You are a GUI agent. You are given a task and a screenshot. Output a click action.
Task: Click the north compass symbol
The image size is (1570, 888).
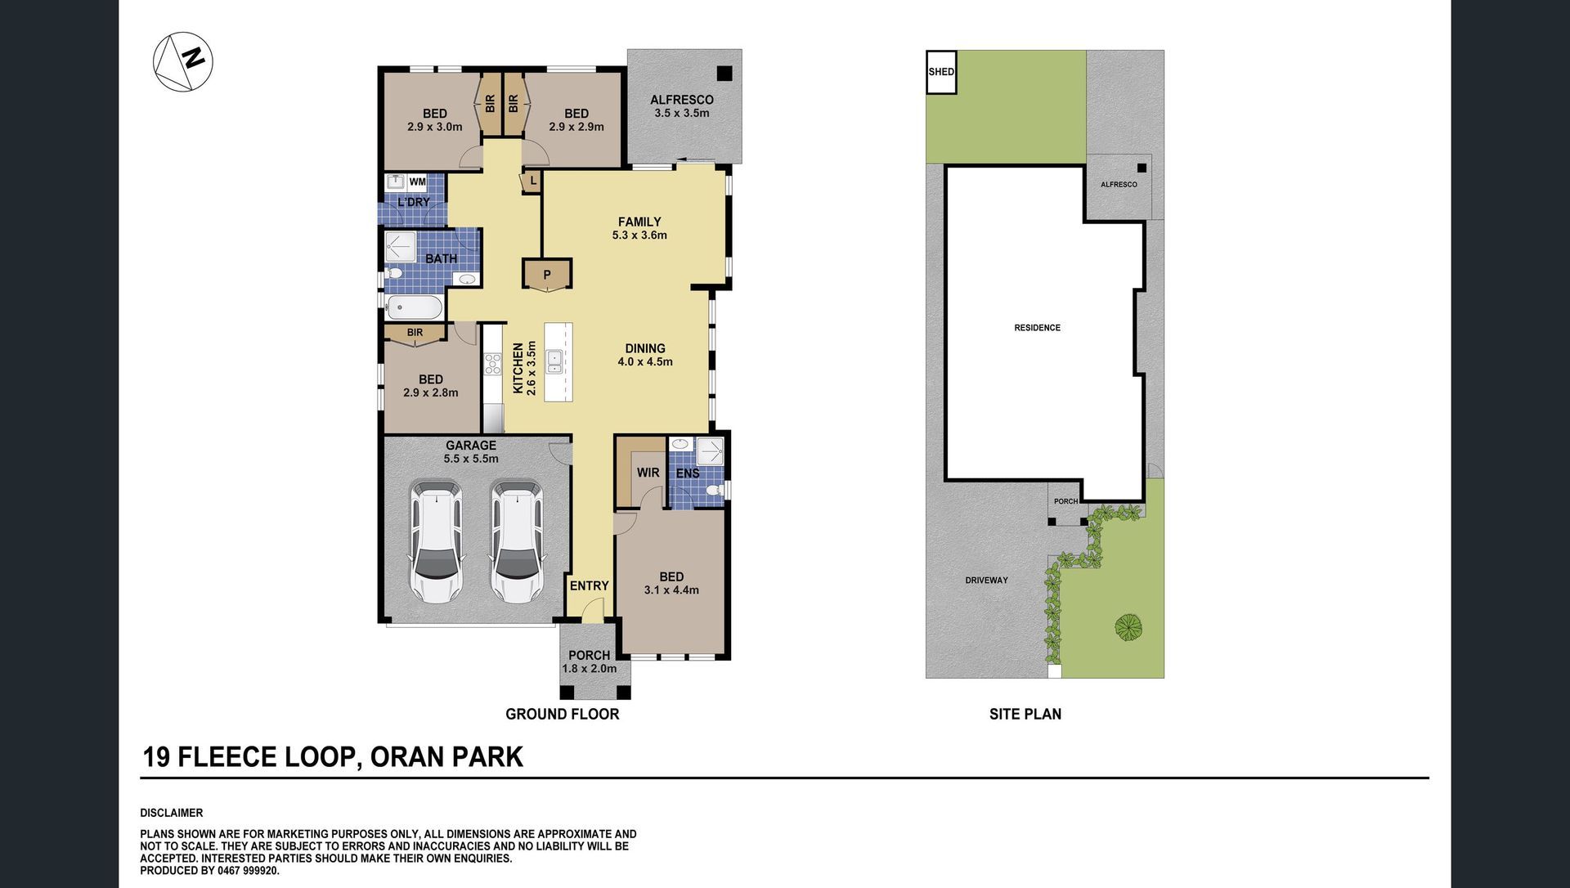pos(183,61)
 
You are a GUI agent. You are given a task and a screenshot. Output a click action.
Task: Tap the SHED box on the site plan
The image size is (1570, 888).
pos(941,72)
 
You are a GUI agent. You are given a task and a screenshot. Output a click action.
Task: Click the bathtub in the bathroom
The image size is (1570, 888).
pos(415,307)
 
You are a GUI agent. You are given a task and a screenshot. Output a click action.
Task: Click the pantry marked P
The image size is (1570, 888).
pos(547,275)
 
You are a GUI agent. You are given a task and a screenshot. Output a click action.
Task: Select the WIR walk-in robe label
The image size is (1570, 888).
pos(648,473)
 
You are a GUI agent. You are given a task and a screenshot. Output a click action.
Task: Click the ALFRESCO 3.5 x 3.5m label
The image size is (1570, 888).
pos(682,106)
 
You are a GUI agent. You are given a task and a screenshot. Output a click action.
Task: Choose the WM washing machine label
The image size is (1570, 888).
pos(417,182)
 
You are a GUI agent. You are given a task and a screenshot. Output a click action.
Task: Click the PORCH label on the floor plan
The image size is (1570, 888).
pos(589,655)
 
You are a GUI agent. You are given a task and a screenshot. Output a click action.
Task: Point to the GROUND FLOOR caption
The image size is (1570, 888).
pos(563,714)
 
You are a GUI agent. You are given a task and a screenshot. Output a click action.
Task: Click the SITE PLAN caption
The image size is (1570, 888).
pos(1025,714)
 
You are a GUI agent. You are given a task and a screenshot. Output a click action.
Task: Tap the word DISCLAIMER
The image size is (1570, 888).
pos(172,813)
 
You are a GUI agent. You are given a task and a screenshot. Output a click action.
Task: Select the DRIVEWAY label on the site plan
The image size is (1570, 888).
pos(986,581)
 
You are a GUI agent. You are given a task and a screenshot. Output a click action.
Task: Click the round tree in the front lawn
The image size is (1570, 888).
pos(1128,627)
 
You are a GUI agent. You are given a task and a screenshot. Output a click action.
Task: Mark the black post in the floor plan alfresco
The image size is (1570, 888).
pos(724,74)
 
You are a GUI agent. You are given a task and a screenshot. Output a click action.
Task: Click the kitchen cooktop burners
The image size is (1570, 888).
pos(493,364)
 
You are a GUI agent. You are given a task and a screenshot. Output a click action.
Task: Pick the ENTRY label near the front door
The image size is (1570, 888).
pos(590,585)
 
